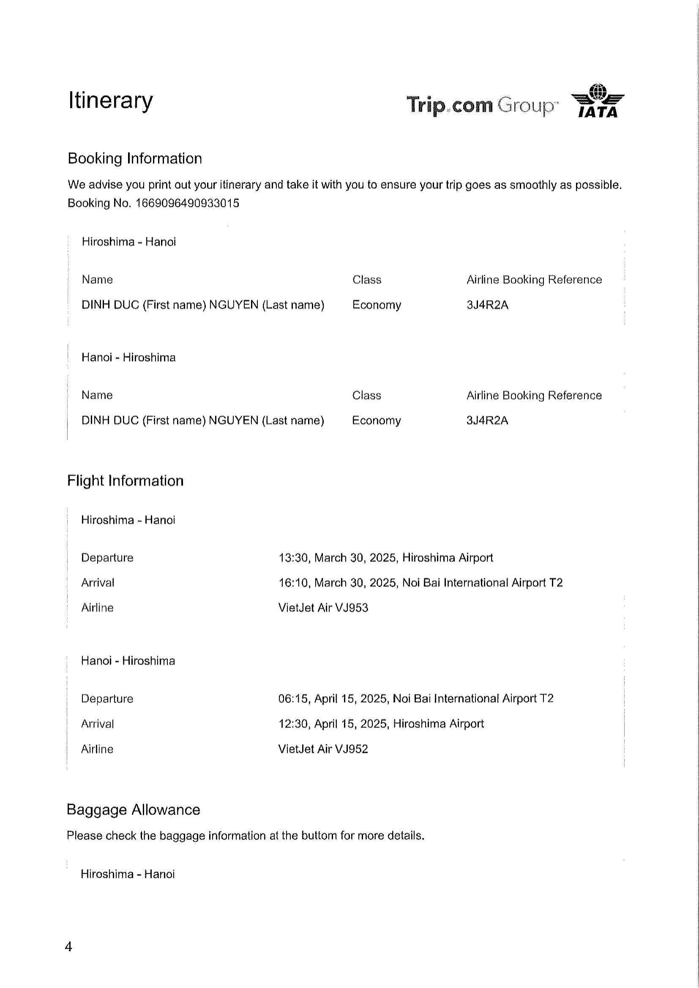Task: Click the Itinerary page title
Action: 111,101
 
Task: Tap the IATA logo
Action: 598,101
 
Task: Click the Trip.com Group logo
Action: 482,105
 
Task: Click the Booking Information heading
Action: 135,159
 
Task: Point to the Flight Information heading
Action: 125,480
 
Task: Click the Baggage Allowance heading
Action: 134,809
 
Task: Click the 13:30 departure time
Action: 293,558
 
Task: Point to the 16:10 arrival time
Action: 293,583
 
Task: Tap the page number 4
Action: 68,947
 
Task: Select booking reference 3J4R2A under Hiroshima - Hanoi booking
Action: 487,305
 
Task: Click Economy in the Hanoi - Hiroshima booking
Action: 376,420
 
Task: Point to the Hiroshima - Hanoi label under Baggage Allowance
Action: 127,874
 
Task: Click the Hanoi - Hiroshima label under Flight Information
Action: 128,661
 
